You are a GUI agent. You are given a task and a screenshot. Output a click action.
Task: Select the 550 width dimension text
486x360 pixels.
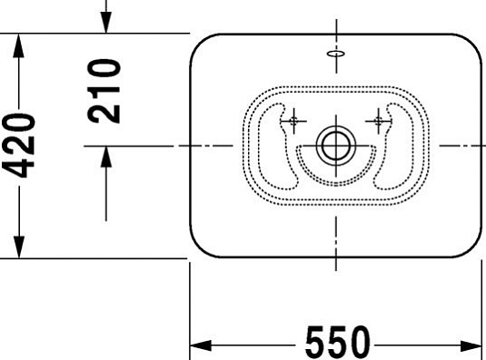(x=337, y=343)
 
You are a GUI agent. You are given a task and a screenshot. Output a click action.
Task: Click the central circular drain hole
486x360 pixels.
(x=334, y=145)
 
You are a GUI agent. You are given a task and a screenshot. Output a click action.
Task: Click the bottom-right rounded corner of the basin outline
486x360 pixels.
(x=470, y=246)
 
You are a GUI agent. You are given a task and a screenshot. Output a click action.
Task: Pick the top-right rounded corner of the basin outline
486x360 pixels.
(x=470, y=45)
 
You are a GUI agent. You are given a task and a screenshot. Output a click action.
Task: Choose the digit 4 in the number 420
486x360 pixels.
(x=20, y=168)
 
